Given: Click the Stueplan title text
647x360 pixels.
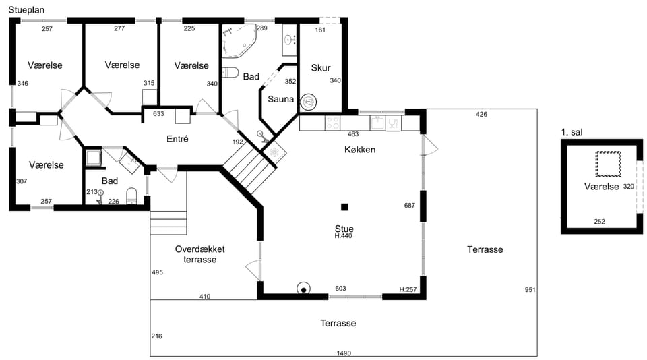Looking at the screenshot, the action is pos(26,10).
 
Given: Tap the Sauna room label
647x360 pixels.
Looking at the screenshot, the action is pos(280,99).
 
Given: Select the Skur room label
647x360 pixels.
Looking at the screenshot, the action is pos(321,67).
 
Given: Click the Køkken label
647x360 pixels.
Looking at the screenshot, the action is pos(360,150).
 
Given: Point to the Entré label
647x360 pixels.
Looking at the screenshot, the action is pos(177,139).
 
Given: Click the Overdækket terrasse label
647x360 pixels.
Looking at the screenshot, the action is pos(199,254).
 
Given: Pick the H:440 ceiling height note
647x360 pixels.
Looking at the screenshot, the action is pos(343,236).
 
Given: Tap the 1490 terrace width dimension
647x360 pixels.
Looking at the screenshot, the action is pos(344,353).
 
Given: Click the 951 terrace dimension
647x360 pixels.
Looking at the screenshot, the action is pos(530,290).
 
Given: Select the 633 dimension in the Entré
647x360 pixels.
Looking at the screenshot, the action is pos(158,113).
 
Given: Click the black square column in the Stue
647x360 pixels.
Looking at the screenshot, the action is pos(344,207).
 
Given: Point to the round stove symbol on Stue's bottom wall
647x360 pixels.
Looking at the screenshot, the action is pos(304,289).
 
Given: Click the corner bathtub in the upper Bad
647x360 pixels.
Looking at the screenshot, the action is pos(239,40).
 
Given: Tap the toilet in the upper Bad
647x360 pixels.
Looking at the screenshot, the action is pos(230,73).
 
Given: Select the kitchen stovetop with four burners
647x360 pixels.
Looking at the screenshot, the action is pos(332,123).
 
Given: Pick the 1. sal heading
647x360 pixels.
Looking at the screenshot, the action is pos(572,133).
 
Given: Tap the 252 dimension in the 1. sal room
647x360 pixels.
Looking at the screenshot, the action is pos(600,222).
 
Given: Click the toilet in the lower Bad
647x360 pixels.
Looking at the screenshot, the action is pos(131,196).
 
